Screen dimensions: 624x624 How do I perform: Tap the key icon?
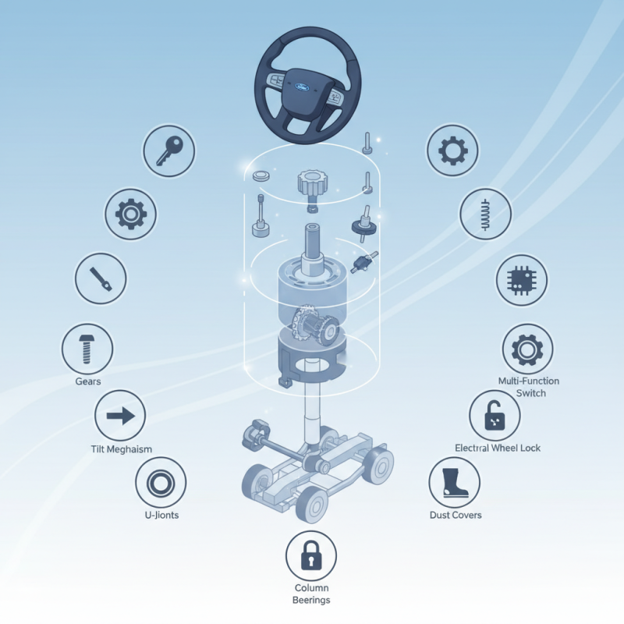(168, 150)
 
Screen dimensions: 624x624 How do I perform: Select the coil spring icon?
(485, 212)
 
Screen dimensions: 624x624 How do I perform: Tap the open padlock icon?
(495, 417)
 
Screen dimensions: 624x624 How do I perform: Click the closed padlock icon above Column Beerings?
(311, 556)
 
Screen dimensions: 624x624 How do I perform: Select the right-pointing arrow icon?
(120, 417)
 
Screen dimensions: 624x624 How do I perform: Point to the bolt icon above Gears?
(87, 349)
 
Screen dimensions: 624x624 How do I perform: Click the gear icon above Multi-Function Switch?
(527, 349)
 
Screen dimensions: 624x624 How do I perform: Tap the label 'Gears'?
(88, 381)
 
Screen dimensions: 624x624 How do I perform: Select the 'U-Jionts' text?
(162, 516)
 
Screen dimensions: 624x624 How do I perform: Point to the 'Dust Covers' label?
(456, 515)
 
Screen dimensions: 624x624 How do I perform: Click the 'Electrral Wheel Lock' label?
(497, 448)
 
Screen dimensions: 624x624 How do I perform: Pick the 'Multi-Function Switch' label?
(528, 387)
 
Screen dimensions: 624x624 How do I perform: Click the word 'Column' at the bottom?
(311, 587)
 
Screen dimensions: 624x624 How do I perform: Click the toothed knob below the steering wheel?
(310, 184)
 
